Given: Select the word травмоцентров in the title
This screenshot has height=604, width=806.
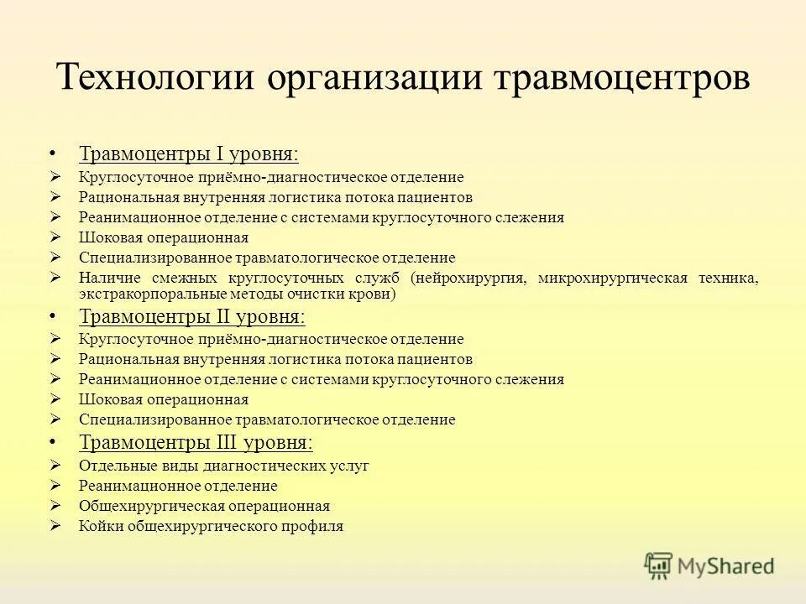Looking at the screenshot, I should [x=620, y=78].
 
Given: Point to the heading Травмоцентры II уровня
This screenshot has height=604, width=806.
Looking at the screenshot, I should [x=192, y=317].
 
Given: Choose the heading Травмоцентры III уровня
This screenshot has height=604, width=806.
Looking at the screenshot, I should [x=196, y=442].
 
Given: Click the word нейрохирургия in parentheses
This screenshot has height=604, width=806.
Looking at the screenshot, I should [x=471, y=279].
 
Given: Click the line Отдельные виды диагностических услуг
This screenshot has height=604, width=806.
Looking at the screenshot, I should [x=223, y=466].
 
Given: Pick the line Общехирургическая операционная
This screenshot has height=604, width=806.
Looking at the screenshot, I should [x=204, y=506].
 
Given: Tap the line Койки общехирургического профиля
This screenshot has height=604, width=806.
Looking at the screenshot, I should [x=211, y=527].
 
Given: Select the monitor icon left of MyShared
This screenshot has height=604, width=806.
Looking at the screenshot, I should [x=659, y=565].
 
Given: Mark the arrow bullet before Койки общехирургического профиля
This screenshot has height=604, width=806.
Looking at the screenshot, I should [x=55, y=527].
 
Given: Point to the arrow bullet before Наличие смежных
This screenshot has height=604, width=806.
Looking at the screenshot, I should [x=55, y=278].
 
